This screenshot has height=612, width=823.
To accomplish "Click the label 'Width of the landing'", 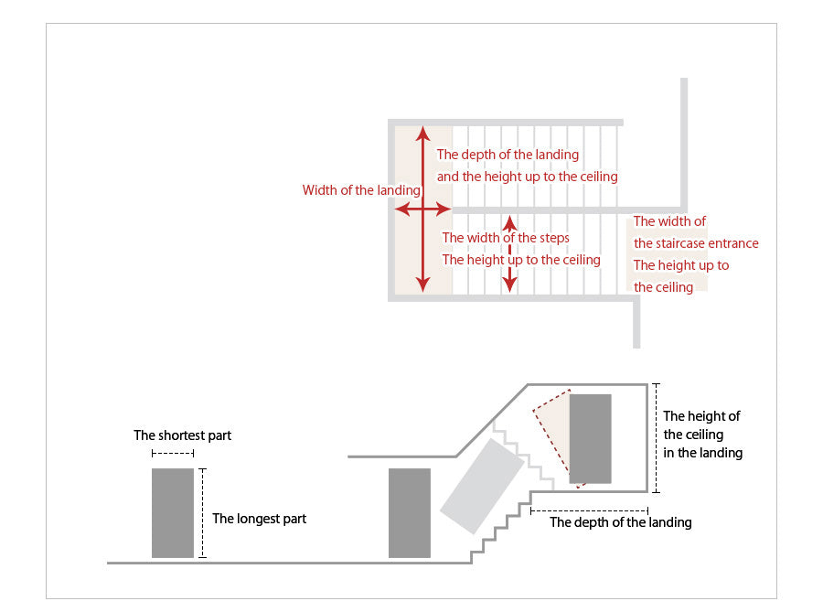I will tap(361, 190).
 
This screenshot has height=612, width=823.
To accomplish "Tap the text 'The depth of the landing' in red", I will tap(508, 155).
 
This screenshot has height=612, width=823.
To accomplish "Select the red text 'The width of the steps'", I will tap(506, 237).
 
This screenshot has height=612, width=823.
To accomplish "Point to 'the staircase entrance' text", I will tap(696, 243).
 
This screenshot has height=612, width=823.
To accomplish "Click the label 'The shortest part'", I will tap(182, 435).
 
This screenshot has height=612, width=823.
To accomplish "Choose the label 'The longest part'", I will tap(259, 519).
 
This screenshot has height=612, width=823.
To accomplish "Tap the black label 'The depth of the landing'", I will tap(620, 522).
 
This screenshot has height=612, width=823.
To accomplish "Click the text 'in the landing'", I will tap(702, 453).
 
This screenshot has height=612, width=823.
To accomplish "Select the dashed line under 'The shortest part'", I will tap(172, 454).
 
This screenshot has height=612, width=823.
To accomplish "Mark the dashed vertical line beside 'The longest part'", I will tap(203, 512).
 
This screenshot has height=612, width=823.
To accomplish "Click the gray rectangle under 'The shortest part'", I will tap(172, 512).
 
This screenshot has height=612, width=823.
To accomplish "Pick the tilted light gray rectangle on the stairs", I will tap(482, 486).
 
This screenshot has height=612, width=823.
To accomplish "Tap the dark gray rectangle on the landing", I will tap(590, 438).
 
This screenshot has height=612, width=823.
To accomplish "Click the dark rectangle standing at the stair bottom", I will tap(409, 512).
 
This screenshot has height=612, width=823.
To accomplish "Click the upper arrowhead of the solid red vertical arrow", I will tap(422, 133).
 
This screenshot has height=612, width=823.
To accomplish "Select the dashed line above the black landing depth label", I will tap(588, 510).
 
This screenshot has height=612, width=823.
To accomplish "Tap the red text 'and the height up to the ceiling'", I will tap(527, 176).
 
